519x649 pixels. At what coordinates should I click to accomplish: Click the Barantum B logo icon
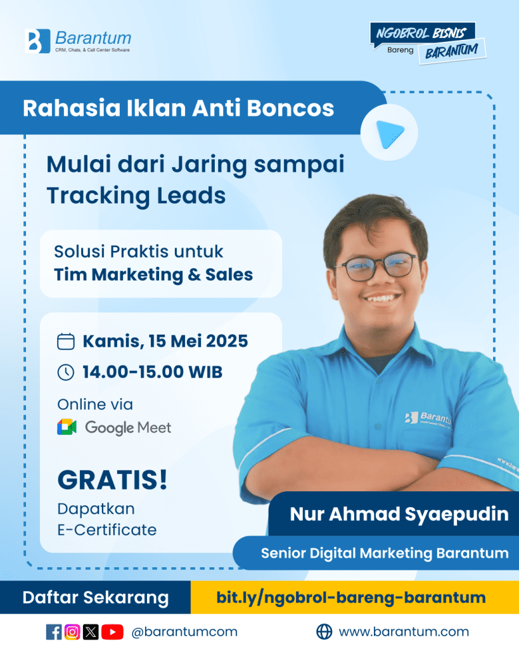pos(37,41)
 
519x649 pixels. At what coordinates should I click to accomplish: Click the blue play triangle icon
pos(390,134)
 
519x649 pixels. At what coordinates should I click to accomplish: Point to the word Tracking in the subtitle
pos(98,196)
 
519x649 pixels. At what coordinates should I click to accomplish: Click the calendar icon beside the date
pos(66,342)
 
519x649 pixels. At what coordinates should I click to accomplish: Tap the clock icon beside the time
pos(66,372)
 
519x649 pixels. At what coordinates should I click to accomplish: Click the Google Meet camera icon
pos(67,427)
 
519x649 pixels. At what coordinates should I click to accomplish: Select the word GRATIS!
pos(112,480)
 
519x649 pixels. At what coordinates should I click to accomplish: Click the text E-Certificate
pos(107,530)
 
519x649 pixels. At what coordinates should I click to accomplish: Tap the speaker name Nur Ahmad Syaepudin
pos(399,514)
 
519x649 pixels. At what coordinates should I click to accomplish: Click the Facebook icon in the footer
pos(54,632)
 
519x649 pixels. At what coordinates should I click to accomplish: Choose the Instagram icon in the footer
pos(72,632)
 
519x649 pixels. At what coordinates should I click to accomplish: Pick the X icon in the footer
pos(91,632)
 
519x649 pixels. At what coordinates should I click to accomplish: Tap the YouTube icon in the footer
pos(112,632)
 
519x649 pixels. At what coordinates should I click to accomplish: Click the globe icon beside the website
pos(324,632)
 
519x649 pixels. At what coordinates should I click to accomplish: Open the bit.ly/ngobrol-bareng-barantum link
pos(351,598)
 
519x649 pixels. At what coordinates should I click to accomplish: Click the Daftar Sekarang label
pos(96,598)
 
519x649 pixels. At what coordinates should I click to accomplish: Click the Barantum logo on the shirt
pos(428,418)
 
